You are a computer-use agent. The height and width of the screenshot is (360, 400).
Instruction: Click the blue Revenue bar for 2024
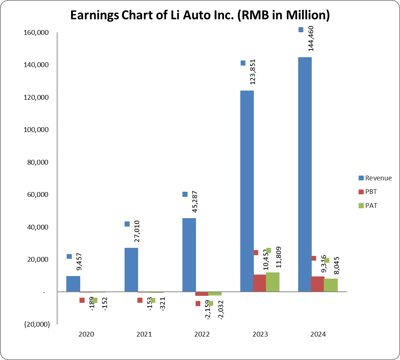point(305,174)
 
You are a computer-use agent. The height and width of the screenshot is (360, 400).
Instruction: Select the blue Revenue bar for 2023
point(247,191)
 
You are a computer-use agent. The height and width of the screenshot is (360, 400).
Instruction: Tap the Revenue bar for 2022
point(189,255)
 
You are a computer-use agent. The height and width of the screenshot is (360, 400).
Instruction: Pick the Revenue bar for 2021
point(131,269)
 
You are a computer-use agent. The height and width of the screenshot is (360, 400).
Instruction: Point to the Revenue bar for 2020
point(73,284)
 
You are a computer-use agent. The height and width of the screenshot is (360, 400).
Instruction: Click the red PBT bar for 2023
point(259,283)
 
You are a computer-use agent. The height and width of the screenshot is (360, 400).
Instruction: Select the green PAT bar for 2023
point(273,282)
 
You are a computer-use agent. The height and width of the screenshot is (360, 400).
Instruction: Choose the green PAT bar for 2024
point(330,285)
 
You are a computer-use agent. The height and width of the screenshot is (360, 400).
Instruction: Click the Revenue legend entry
point(375,178)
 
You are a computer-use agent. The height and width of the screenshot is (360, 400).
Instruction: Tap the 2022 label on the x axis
point(202,334)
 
